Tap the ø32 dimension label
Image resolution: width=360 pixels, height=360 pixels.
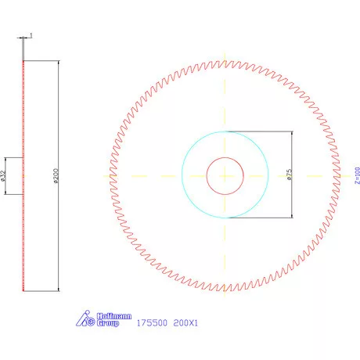(4, 175)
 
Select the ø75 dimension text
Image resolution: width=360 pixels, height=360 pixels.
(289, 175)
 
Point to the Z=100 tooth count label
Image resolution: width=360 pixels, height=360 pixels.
(356, 175)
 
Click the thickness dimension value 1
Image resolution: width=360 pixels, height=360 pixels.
(31, 35)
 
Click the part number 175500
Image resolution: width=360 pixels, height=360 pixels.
(150, 322)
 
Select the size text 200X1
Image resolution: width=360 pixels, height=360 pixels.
(186, 322)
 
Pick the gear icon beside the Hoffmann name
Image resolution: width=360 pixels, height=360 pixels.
(88, 319)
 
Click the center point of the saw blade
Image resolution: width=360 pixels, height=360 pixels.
(225, 175)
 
